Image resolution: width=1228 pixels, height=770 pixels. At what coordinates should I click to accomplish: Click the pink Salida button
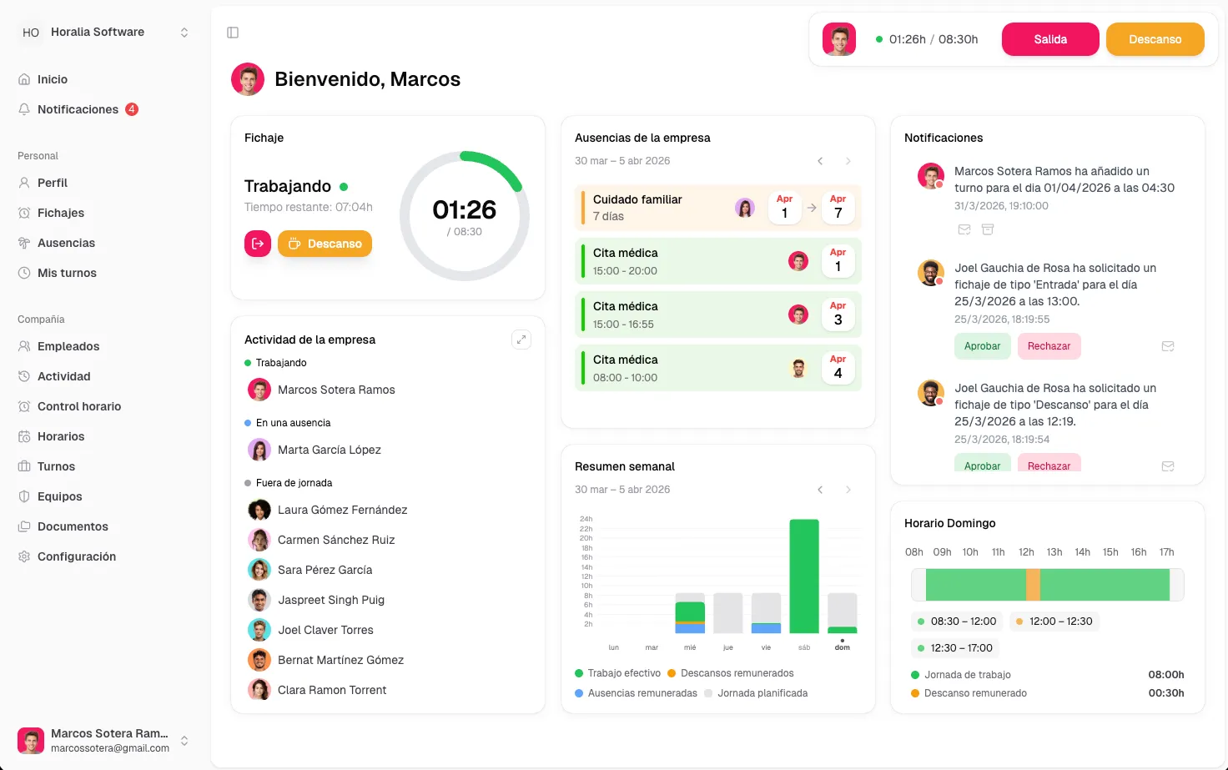[1049, 39]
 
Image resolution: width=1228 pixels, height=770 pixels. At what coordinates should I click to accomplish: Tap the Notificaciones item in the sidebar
[78, 109]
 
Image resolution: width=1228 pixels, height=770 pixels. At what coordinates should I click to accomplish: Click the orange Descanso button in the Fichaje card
[325, 244]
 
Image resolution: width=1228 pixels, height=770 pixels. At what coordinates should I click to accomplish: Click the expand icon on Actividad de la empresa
[521, 340]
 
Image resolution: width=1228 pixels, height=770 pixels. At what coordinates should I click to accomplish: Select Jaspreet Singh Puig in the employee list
[330, 600]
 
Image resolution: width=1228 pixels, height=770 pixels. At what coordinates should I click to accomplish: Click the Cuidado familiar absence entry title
[637, 199]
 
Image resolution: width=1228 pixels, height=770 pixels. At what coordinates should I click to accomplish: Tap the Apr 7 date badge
[838, 207]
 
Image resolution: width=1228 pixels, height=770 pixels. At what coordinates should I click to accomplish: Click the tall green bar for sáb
[803, 576]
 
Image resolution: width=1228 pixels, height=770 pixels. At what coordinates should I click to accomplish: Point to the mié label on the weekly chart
[690, 647]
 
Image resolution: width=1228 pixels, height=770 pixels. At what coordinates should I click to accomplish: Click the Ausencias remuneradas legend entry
[636, 692]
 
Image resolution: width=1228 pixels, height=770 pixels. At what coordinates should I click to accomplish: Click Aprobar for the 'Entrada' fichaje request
[982, 346]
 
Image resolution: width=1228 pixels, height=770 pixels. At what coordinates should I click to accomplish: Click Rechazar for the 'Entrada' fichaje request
[1049, 346]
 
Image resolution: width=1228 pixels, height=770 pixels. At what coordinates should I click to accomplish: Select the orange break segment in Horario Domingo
[1033, 584]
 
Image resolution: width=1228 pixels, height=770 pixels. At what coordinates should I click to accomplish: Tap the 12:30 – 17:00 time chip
[955, 648]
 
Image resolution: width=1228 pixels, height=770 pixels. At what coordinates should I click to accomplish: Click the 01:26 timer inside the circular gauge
[464, 209]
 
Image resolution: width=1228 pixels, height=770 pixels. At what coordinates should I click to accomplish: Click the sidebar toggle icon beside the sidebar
[233, 33]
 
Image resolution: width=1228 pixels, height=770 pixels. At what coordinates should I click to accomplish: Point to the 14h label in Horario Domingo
[1082, 552]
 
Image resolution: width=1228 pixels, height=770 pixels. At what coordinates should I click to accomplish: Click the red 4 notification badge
[132, 109]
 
